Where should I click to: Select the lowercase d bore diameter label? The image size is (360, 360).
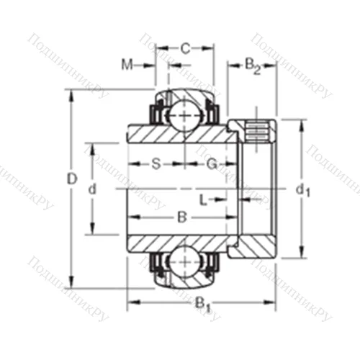click(x=91, y=189)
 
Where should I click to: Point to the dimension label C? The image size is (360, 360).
click(x=185, y=49)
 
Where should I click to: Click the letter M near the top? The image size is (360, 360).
click(x=127, y=66)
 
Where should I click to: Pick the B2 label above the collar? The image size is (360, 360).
click(x=252, y=66)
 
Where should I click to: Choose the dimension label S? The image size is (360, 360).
click(x=156, y=163)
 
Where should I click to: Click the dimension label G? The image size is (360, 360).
click(x=212, y=163)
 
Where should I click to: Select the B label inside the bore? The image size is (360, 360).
click(x=182, y=216)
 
